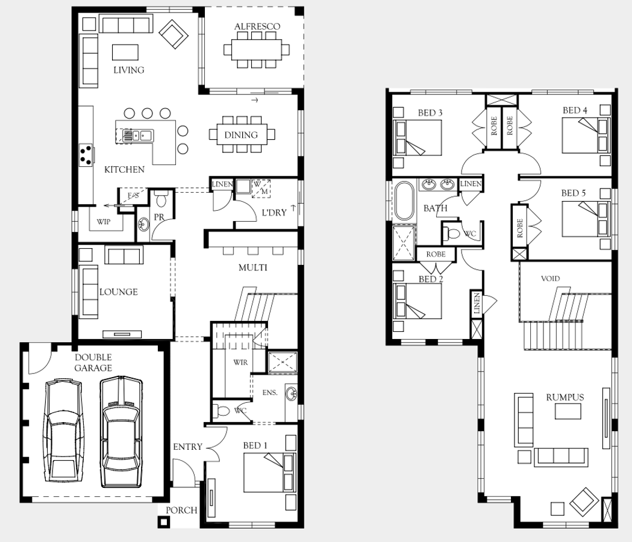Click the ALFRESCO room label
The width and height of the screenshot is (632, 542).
[257, 26]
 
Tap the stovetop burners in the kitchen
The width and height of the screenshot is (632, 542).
[86, 155]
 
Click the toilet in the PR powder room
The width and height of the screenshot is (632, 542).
[161, 199]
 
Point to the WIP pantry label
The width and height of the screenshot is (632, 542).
[104, 222]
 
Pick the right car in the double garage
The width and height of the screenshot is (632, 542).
[121, 431]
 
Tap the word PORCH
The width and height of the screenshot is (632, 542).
[181, 510]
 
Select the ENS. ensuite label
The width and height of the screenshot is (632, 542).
[270, 393]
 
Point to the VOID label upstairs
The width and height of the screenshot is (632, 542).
[550, 278]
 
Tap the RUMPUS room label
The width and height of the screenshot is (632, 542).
[565, 397]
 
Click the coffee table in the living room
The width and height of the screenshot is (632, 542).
[125, 52]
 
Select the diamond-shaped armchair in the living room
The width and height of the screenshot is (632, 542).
[174, 34]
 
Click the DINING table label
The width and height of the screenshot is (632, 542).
[241, 135]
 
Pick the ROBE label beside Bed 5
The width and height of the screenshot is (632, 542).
[520, 228]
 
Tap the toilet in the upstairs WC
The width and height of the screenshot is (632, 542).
[451, 234]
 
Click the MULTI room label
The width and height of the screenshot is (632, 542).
[252, 267]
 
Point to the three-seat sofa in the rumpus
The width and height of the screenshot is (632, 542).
[561, 457]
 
